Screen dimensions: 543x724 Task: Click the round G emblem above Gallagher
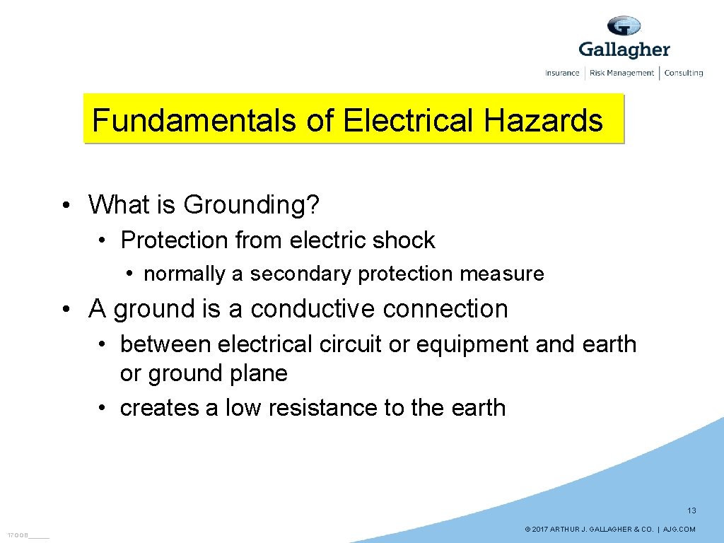[624, 26]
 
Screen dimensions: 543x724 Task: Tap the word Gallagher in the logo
[624, 49]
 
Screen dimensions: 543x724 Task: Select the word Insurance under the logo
[562, 73]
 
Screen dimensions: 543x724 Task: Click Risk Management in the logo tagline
[622, 73]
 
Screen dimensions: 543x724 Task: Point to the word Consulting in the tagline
[683, 73]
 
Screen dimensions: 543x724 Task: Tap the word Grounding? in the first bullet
[252, 205]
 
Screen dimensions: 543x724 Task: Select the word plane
[262, 373]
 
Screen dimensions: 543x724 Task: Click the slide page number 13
[691, 510]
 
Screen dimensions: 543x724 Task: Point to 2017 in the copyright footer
[540, 530]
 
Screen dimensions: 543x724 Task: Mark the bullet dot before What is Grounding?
[65, 206]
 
